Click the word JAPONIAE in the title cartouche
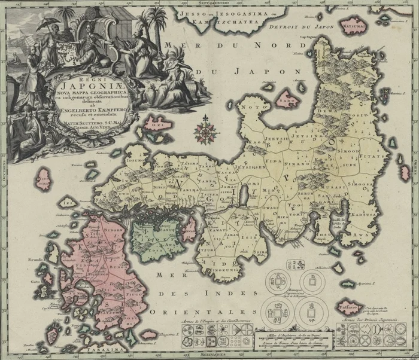tap(69, 86)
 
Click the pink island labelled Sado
tap(289, 101)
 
